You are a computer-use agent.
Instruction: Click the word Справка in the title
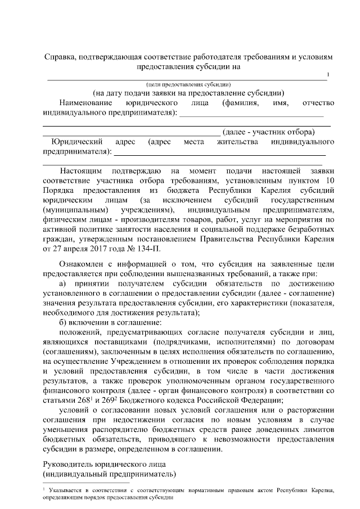tap(61, 57)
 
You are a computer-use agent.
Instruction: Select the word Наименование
tap(84, 103)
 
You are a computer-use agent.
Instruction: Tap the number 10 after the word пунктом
tap(330, 180)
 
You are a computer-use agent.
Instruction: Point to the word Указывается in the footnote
tap(69, 490)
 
